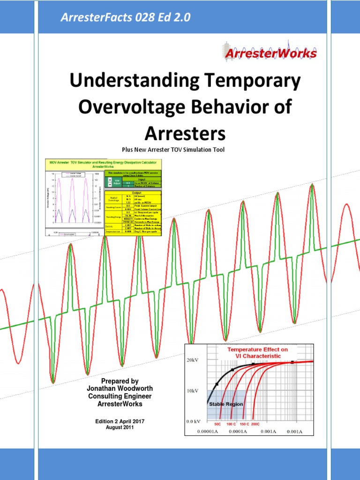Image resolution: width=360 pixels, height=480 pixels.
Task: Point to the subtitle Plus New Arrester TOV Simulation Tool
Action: (173, 150)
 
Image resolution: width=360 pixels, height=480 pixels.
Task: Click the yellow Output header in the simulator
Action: (133, 192)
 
